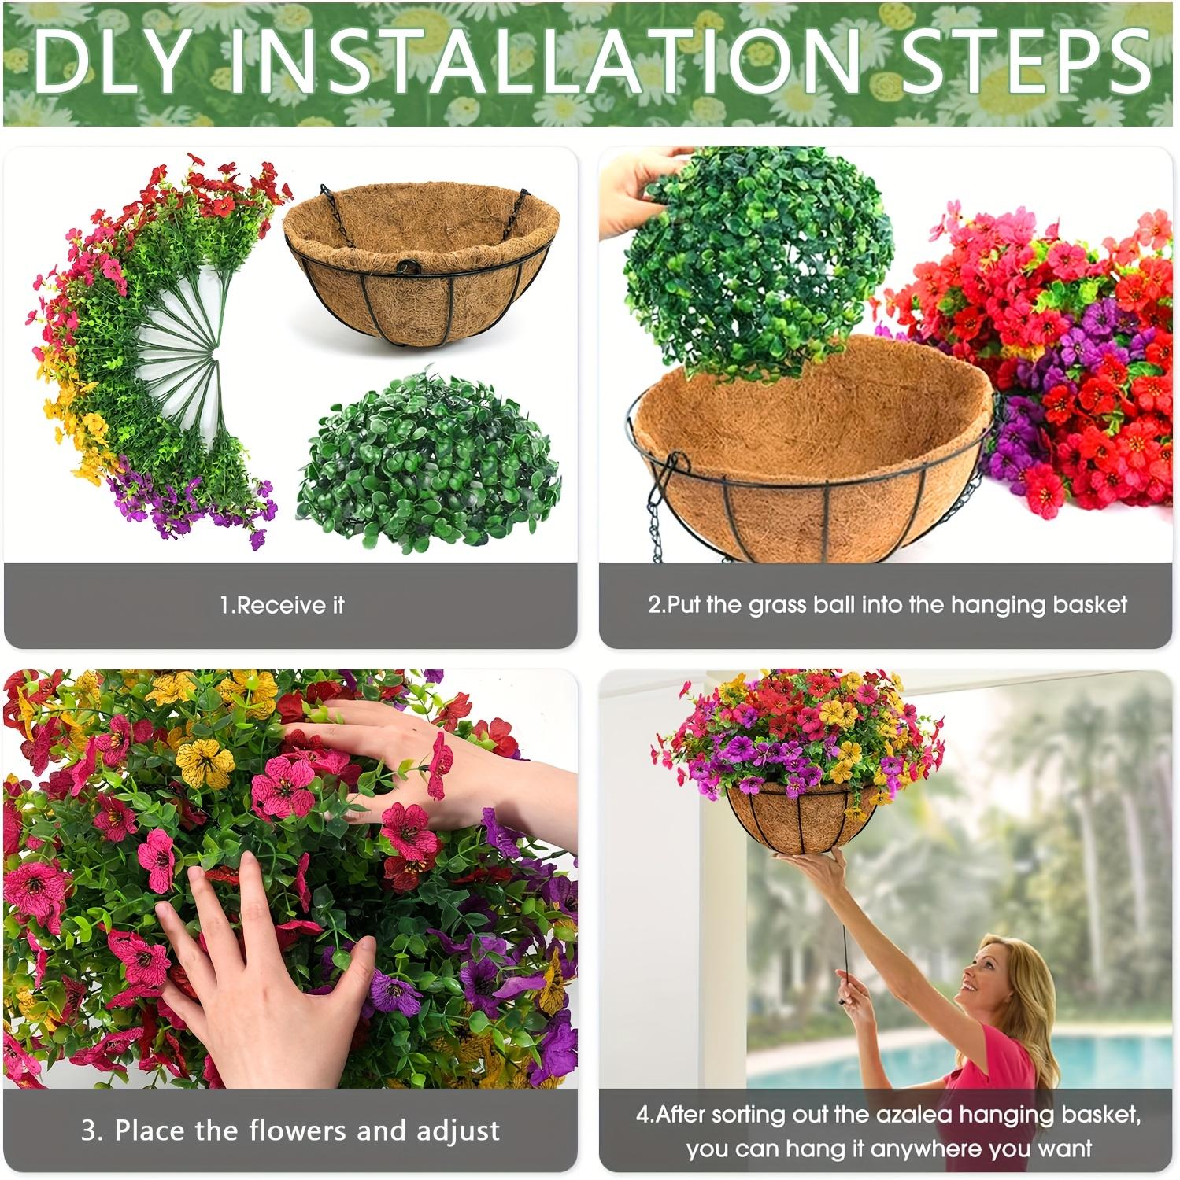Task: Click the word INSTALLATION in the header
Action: (544, 63)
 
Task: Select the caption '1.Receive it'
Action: (282, 605)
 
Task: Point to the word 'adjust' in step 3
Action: (458, 1130)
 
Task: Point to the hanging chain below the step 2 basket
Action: (657, 511)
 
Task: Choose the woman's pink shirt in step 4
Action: (1004, 1062)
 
